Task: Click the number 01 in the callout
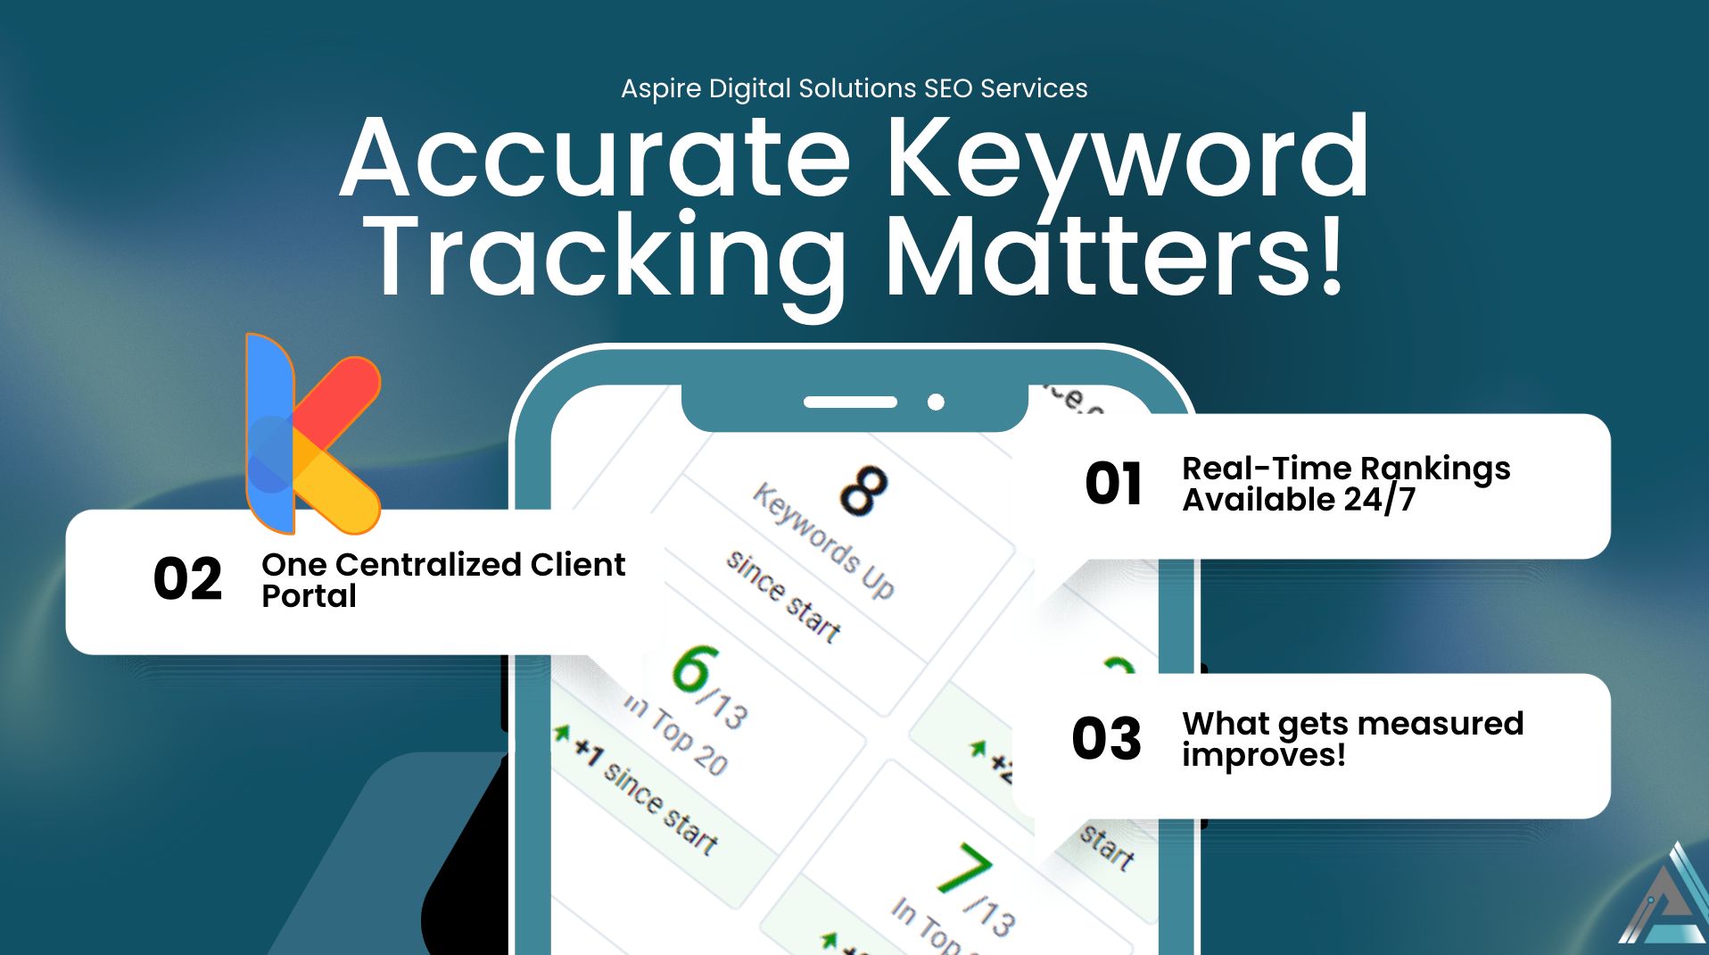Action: (1113, 485)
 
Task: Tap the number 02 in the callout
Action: (187, 579)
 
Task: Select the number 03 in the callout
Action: (1106, 739)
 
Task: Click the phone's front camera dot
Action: (936, 403)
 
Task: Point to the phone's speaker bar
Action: (850, 403)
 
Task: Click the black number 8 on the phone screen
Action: (863, 490)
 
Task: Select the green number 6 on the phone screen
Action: (694, 669)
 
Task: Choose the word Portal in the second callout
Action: (309, 596)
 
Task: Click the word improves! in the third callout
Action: (1263, 755)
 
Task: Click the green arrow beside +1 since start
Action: (561, 734)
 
